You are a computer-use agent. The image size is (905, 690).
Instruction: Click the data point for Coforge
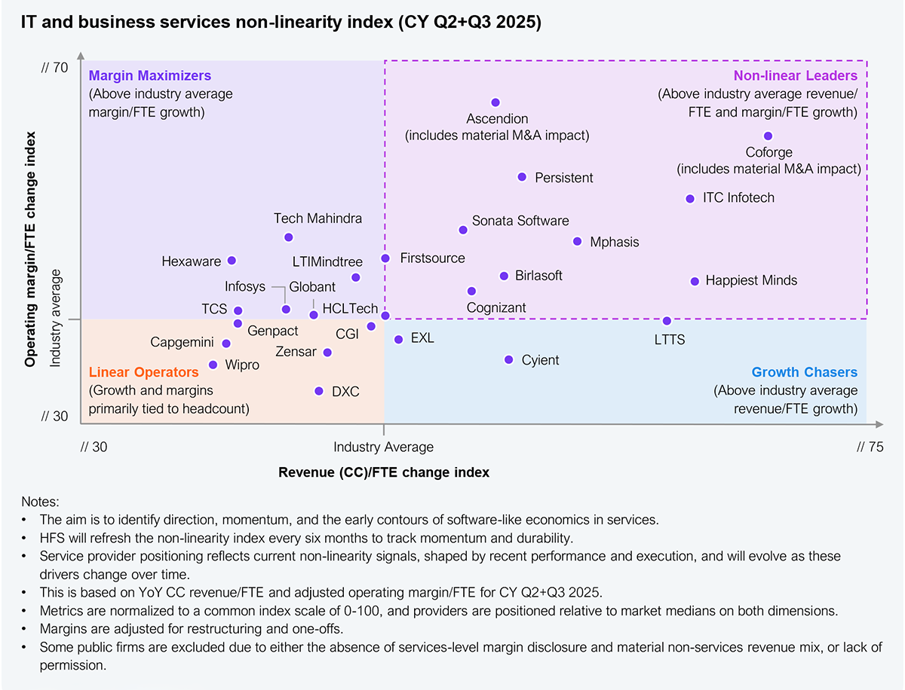[x=768, y=136]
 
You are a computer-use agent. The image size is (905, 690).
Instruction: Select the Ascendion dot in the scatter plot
[x=495, y=102]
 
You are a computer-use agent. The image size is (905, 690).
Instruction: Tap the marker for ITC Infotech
[x=690, y=199]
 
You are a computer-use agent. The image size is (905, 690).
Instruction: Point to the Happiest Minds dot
[x=695, y=281]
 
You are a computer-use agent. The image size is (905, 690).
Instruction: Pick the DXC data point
[x=319, y=391]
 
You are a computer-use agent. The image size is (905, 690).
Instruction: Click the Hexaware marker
[x=232, y=261]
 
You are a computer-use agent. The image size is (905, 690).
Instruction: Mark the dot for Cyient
[x=509, y=360]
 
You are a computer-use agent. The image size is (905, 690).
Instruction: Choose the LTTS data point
[x=667, y=321]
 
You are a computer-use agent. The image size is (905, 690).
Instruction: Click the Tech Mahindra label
[x=318, y=218]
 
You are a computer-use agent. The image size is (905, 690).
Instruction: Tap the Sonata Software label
[x=520, y=221]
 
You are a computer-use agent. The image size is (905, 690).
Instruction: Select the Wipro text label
[x=242, y=365]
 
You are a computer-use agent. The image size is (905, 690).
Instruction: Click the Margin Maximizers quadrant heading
[x=150, y=75]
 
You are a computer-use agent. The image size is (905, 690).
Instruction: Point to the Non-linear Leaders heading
[x=796, y=75]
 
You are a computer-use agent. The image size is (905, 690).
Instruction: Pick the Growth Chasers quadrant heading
[x=805, y=372]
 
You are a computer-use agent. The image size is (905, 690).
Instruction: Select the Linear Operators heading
[x=143, y=372]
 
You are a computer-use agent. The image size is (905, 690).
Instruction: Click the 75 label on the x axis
[x=870, y=447]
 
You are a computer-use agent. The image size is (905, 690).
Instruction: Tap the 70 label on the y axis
[x=55, y=69]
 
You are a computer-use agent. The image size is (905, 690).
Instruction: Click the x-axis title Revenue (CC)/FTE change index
[x=384, y=472]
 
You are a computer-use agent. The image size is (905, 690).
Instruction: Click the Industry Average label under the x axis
[x=384, y=447]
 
